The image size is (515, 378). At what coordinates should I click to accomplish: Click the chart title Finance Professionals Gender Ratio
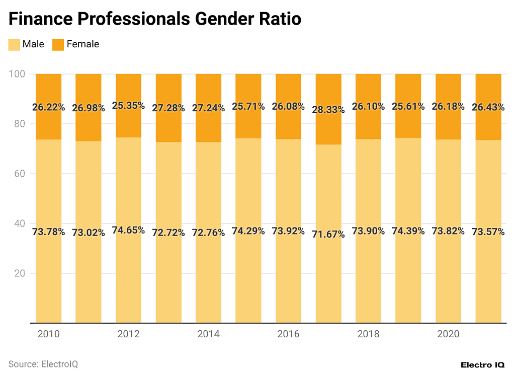pos(155,19)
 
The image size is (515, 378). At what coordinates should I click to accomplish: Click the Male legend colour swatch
pos(14,44)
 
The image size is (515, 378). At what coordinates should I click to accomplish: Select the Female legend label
pos(82,44)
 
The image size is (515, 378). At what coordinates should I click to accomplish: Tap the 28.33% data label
pos(328,110)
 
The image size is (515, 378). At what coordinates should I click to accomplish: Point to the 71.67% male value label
pos(328,234)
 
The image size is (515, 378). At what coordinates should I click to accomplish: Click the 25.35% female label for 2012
pos(129,106)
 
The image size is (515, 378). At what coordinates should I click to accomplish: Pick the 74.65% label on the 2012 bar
pos(129,231)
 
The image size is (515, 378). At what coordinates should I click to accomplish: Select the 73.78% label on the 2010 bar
pos(49,232)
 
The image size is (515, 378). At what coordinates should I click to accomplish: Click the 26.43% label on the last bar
pos(488,108)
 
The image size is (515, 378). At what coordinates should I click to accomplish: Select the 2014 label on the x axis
pos(208,334)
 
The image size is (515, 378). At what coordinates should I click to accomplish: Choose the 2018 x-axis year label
pos(368,334)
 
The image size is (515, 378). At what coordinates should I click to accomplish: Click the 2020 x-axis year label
pos(448,334)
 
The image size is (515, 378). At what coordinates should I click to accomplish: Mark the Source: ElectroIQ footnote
pos(43,364)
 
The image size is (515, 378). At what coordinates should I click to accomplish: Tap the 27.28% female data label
pos(168,108)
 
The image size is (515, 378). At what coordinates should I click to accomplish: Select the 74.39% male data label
pos(408,231)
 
